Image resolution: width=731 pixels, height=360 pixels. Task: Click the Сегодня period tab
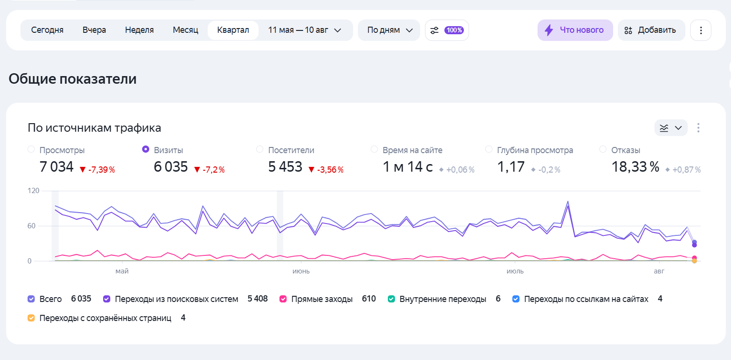(47, 30)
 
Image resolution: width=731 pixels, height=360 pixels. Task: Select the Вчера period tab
(94, 30)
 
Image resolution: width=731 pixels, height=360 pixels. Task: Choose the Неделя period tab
(139, 30)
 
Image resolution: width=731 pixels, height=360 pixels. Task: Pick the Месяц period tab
(185, 30)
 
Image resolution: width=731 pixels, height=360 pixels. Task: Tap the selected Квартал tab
(233, 30)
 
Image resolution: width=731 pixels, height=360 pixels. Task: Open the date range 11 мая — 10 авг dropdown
(305, 30)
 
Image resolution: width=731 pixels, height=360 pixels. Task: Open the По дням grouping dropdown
(389, 30)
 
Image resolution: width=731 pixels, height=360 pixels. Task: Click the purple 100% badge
(454, 30)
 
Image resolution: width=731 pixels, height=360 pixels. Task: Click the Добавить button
(651, 30)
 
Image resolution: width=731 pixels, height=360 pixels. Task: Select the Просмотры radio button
(31, 149)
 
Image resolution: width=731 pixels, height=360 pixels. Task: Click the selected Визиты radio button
(145, 149)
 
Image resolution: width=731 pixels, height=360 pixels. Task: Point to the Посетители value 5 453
(285, 167)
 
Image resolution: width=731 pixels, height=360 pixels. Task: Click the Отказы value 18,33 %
(635, 167)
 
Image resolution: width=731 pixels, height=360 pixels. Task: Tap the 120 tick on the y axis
(33, 191)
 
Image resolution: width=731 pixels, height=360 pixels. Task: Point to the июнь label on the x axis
(301, 271)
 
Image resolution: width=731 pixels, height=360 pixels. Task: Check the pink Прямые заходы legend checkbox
(283, 299)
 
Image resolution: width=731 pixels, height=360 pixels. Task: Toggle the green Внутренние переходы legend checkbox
(391, 299)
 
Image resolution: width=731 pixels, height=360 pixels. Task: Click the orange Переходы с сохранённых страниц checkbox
(31, 318)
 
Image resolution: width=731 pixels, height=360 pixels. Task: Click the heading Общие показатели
(72, 79)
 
